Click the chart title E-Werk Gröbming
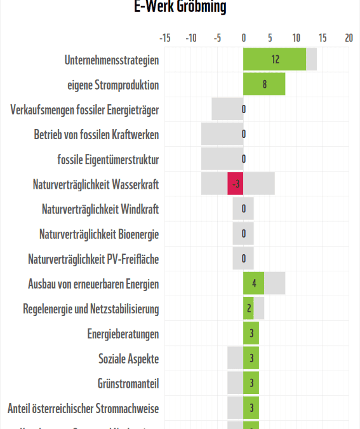(x=180, y=7)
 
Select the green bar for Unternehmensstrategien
(x=274, y=60)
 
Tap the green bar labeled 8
(x=264, y=85)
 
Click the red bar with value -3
(x=236, y=184)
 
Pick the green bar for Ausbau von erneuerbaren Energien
(x=253, y=284)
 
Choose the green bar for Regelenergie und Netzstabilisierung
(x=248, y=309)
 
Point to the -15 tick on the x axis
(x=164, y=38)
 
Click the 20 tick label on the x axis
(x=349, y=38)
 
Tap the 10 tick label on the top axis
(x=296, y=38)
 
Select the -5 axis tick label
(x=217, y=38)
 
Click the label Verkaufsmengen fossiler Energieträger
(x=84, y=110)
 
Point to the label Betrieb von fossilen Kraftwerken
(x=97, y=135)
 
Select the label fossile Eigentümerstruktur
(x=108, y=160)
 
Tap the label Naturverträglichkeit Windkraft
(x=100, y=209)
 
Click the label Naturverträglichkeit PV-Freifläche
(x=93, y=259)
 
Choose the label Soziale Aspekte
(x=128, y=358)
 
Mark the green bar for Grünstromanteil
(x=251, y=383)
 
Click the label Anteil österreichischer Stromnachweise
(x=83, y=408)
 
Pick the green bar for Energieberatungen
(x=251, y=334)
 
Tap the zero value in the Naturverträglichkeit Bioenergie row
(x=244, y=234)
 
